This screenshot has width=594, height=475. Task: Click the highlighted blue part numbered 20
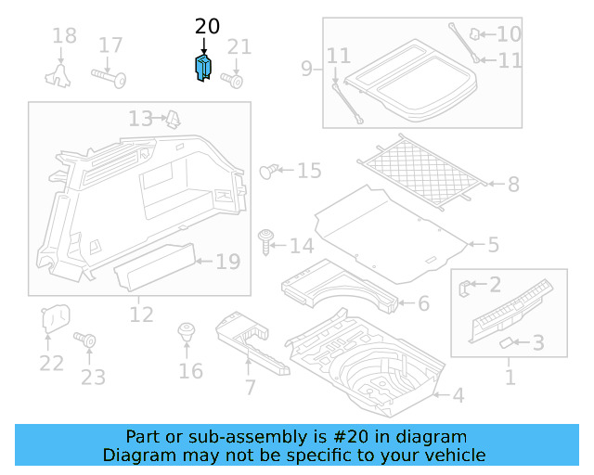(x=203, y=69)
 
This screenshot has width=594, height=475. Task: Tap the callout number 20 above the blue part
(x=207, y=27)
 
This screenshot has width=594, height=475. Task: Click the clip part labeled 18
(x=62, y=73)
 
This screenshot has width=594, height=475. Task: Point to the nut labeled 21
(x=235, y=80)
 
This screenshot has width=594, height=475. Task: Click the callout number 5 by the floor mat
(x=494, y=245)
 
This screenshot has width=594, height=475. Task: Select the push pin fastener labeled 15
(x=270, y=171)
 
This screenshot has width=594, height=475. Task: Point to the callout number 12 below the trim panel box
(x=140, y=315)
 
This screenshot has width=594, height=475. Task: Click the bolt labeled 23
(x=90, y=342)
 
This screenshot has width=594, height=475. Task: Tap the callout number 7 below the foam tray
(x=249, y=388)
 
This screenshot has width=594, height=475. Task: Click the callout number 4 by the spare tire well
(x=457, y=396)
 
